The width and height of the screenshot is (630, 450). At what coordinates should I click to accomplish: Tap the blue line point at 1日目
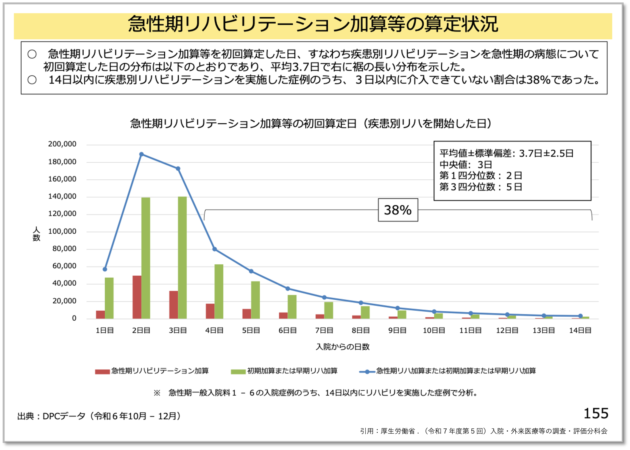tap(105, 269)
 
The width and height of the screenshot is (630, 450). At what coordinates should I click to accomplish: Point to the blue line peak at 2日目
tap(141, 154)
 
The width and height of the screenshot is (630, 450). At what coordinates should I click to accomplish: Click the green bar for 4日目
tap(219, 291)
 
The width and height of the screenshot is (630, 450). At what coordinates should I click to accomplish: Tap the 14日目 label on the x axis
tap(580, 330)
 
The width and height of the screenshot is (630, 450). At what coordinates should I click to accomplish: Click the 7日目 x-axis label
tap(324, 330)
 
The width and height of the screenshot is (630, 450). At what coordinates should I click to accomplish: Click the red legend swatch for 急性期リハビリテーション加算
tap(102, 372)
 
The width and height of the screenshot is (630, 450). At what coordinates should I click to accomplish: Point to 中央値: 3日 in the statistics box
tap(466, 164)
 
